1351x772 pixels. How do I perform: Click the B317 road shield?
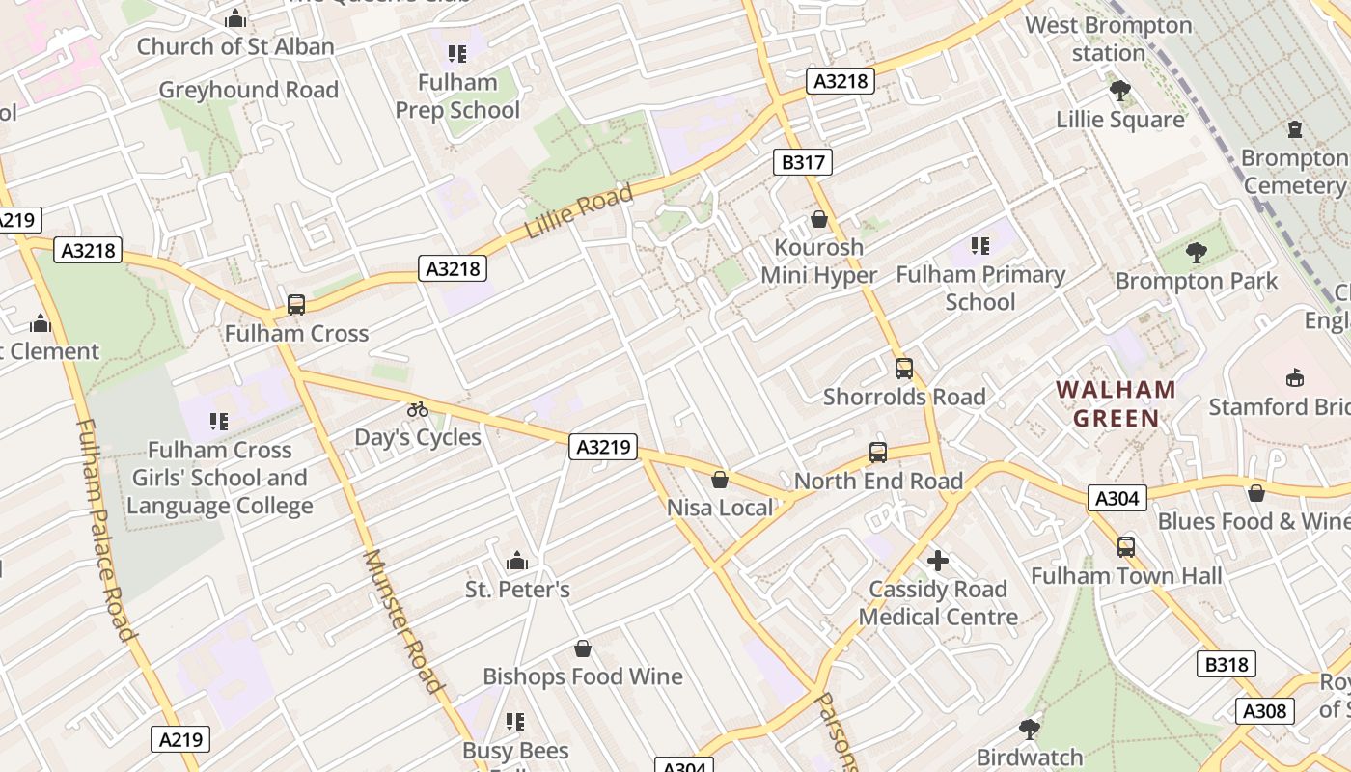point(802,162)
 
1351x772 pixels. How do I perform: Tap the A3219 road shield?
point(604,447)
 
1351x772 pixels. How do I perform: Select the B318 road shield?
point(1227,664)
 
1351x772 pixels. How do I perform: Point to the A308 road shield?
point(1264,711)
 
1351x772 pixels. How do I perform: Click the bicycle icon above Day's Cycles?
point(417,409)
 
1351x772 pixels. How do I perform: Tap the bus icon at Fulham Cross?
point(296,305)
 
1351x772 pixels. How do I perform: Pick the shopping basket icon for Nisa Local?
point(720,480)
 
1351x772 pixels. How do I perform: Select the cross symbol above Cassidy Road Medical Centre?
point(937,561)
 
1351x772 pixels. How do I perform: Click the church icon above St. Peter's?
point(517,561)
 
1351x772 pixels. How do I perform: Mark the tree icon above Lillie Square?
point(1119,92)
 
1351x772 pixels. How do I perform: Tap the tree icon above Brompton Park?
point(1197,253)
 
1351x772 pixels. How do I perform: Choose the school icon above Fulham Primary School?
point(980,246)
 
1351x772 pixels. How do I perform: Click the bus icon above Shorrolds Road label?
point(903,368)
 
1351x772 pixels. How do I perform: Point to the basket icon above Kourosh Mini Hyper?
point(819,219)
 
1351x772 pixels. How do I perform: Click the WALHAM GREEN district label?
point(1116,404)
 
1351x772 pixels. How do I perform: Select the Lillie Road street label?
point(579,211)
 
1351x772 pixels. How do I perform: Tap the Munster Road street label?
point(403,621)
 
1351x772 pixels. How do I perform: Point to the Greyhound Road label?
point(248,90)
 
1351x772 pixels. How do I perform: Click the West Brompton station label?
point(1109,39)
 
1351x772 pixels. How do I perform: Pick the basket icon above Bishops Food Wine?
point(582,648)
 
